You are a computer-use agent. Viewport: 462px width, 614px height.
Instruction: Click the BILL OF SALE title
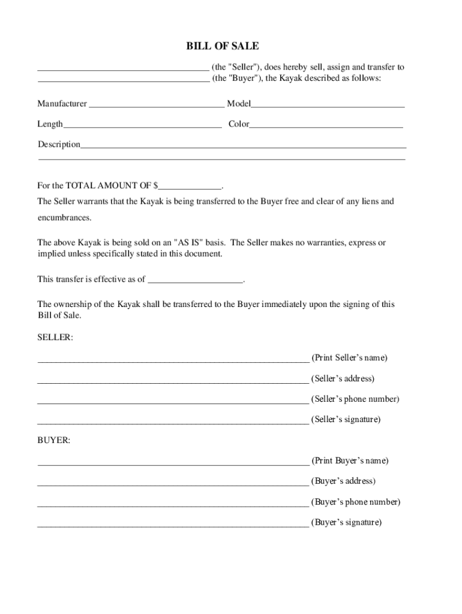tap(231, 47)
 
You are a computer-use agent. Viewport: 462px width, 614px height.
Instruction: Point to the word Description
tap(59, 145)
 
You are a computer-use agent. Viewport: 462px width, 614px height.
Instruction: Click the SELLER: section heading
tap(55, 338)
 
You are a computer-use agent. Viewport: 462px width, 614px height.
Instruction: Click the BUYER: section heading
tap(54, 441)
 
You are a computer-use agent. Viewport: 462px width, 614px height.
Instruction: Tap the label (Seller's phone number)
tap(355, 399)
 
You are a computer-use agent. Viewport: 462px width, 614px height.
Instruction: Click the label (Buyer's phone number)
tap(355, 502)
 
